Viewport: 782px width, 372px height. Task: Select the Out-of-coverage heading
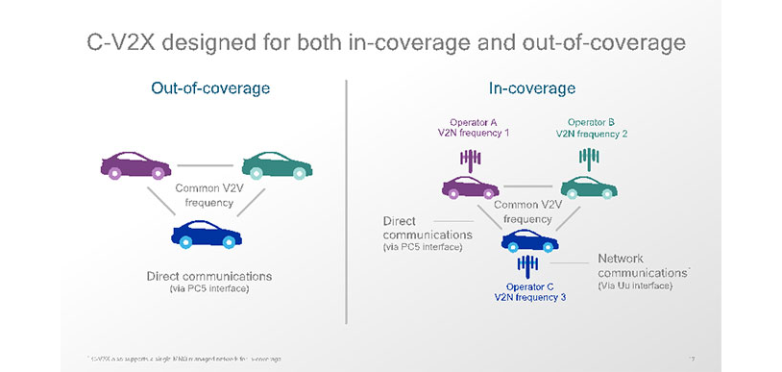click(x=209, y=88)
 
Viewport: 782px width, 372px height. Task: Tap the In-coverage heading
click(x=531, y=88)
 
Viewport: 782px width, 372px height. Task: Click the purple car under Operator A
click(x=470, y=186)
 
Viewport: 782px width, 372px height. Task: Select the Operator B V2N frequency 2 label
click(x=590, y=128)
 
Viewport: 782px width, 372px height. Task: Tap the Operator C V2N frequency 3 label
click(x=529, y=291)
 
